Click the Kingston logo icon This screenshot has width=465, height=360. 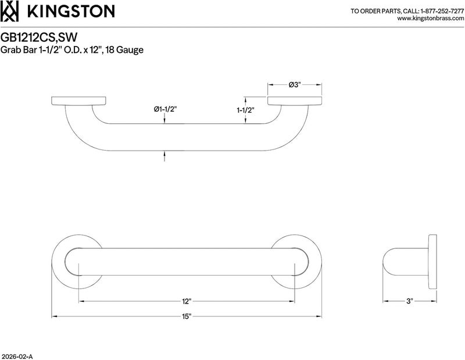9,11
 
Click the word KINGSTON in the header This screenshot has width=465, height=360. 70,12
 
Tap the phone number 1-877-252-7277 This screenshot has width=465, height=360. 442,11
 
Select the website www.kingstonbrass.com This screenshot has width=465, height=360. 430,19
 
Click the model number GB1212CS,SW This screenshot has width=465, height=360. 39,37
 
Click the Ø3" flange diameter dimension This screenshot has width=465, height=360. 295,85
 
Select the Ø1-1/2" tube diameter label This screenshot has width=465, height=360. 165,109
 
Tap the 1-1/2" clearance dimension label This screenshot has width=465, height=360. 246,111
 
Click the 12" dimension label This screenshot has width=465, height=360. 186,301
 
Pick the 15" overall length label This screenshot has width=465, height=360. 187,316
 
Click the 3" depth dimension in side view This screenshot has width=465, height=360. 410,301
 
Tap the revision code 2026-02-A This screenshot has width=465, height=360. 17,357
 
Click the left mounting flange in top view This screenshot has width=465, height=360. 78,101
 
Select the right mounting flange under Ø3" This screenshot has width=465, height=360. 295,101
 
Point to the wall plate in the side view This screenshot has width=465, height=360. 432,262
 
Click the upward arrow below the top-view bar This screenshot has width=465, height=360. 164,156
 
